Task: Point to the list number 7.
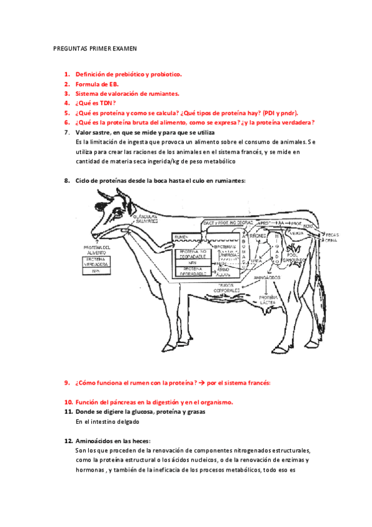click(x=66, y=132)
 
